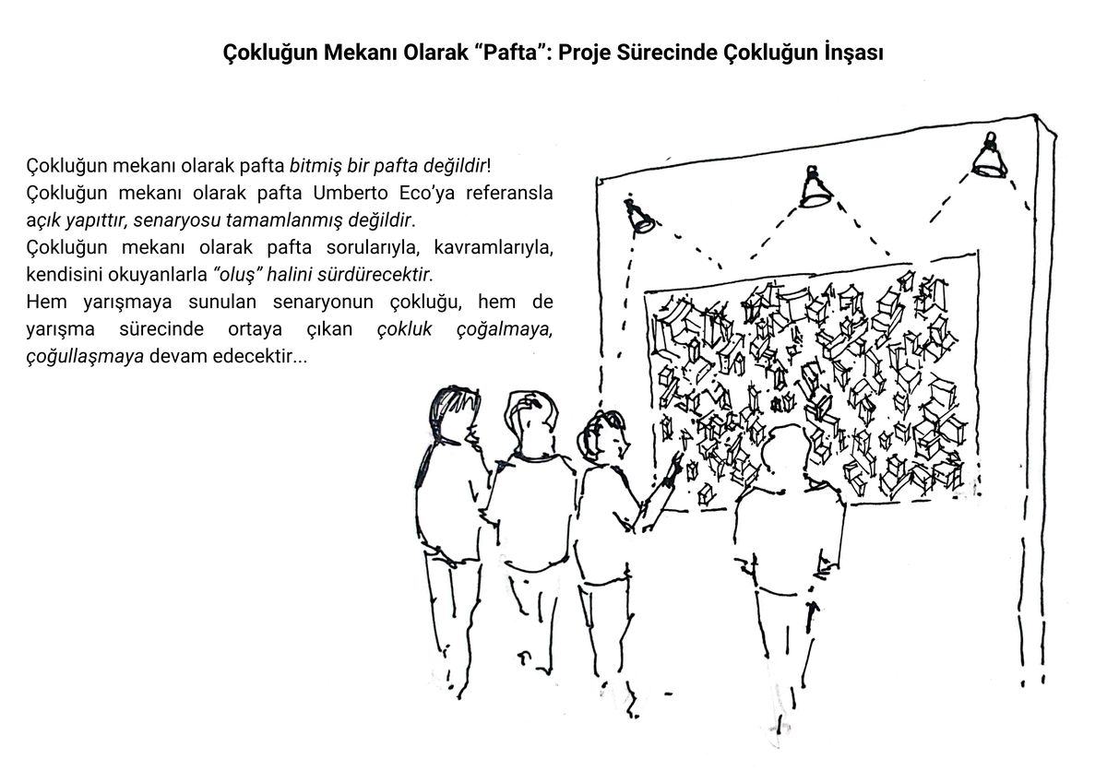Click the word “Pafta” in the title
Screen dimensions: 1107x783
point(510,53)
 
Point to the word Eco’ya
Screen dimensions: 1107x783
point(427,193)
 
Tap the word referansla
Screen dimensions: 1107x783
point(509,193)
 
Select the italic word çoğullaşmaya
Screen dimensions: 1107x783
point(85,357)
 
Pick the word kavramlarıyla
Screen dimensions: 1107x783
point(494,247)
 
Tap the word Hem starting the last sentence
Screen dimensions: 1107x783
point(46,302)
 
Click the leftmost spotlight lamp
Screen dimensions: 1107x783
point(639,215)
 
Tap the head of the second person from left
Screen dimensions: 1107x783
point(530,420)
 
